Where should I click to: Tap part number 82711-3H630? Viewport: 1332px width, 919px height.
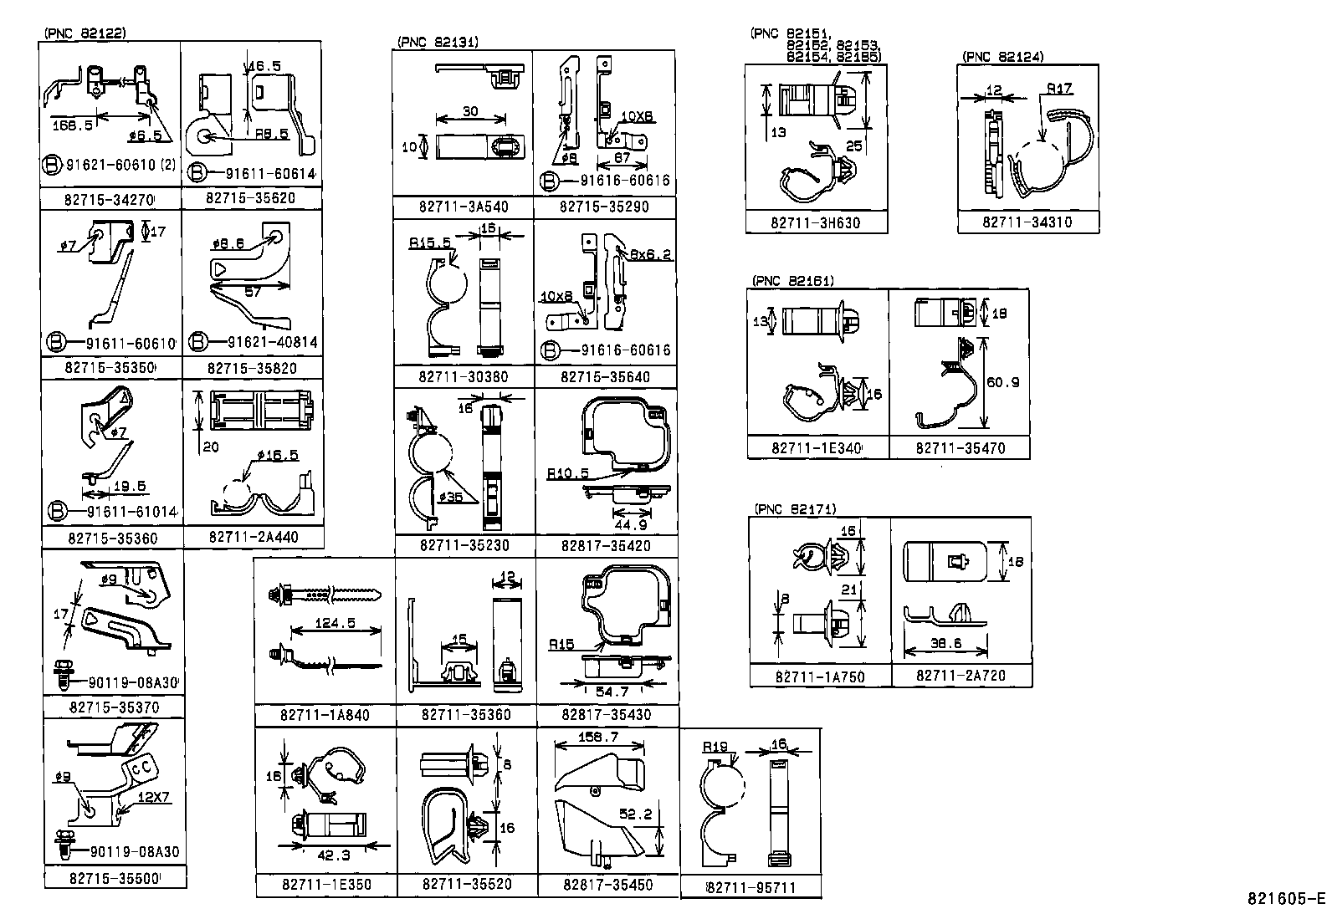(x=816, y=223)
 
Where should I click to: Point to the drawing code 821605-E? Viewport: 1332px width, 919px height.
(x=1286, y=899)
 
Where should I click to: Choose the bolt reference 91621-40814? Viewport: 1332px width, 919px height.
(x=272, y=343)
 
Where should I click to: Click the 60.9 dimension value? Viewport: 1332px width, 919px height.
(x=1002, y=382)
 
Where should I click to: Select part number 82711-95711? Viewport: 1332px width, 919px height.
(x=751, y=888)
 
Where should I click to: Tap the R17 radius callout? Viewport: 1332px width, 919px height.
(x=1058, y=88)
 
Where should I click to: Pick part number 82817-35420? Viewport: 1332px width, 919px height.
(x=606, y=546)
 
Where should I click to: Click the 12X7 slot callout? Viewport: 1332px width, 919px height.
(x=154, y=797)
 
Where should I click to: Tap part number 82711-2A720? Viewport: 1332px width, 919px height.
(x=961, y=676)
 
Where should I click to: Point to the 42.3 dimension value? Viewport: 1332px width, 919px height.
(x=334, y=855)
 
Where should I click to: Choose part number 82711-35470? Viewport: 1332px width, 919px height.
(x=960, y=448)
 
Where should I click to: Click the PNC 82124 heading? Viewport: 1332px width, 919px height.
(x=1002, y=57)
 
